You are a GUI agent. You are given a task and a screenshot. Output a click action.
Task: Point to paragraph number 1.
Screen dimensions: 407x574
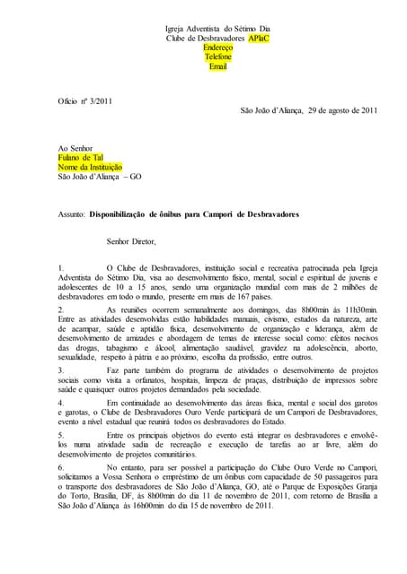tap(60, 268)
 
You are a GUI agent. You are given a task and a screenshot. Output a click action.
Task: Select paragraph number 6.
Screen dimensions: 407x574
tap(60, 468)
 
